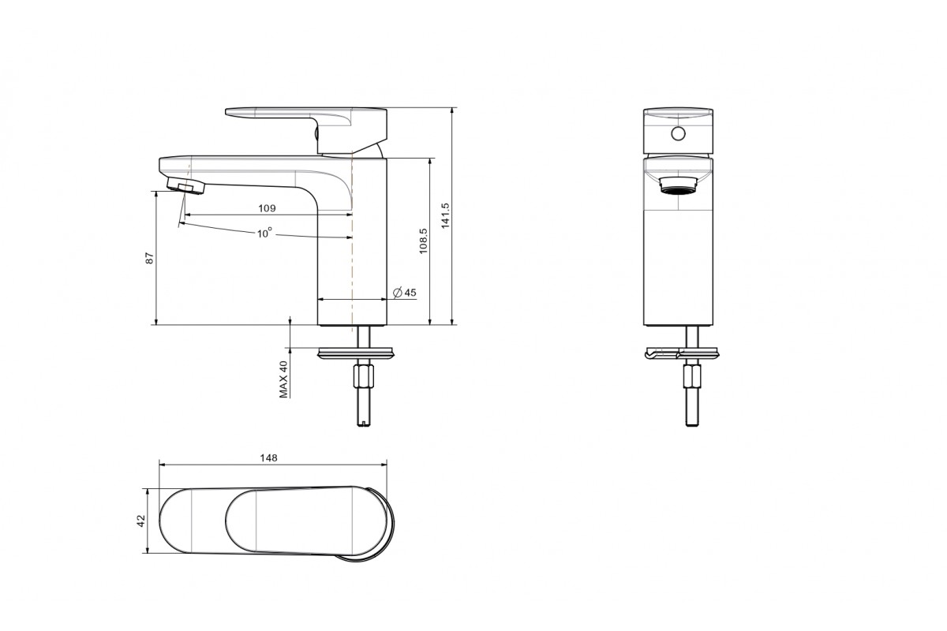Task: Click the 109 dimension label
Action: [267, 208]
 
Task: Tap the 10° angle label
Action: [264, 233]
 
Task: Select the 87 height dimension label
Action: [149, 258]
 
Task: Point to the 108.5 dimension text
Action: [423, 241]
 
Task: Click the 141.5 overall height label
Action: [445, 216]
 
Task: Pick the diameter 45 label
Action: [405, 293]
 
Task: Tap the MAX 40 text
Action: [283, 379]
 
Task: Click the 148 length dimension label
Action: [268, 457]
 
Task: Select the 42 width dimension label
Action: [140, 521]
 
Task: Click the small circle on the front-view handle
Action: [678, 134]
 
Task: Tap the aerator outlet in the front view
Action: [678, 185]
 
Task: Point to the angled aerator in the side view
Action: [186, 186]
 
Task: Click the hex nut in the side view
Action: [364, 376]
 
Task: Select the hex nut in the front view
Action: [691, 376]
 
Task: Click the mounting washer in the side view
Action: [356, 353]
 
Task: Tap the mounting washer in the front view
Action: [681, 353]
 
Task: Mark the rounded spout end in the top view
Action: [160, 521]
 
